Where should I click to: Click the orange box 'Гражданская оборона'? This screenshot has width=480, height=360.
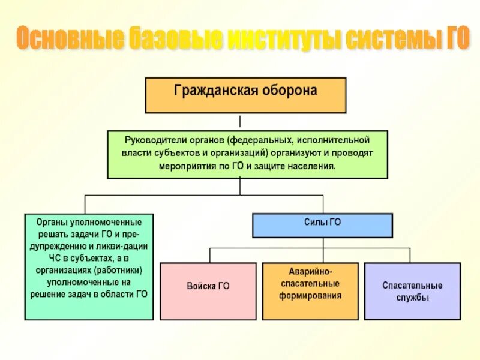245,95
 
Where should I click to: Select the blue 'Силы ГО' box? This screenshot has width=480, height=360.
322,225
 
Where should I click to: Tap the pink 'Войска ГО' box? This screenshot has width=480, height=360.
208,290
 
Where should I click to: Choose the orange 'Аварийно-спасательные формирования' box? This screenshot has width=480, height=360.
310,290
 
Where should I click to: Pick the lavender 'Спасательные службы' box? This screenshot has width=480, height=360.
412,290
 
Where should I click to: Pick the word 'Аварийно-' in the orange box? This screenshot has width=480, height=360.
310,272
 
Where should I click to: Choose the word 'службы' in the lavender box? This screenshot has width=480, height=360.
413,297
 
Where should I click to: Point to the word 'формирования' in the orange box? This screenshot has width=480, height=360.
310,295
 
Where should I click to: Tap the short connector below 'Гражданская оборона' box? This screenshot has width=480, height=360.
240,121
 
